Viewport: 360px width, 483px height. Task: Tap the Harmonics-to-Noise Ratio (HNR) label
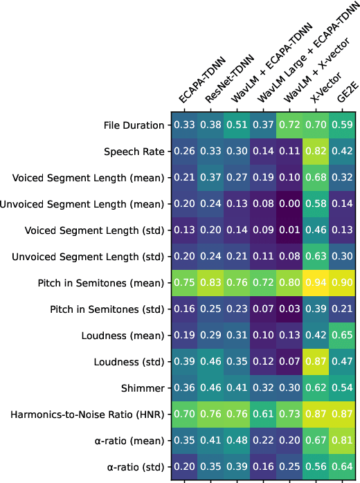87,414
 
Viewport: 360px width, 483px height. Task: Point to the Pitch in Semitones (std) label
100,309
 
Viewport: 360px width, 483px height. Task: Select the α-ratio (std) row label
132,466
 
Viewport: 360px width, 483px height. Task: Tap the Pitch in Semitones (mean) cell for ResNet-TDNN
211,282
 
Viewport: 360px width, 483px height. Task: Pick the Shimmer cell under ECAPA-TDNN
184,388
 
